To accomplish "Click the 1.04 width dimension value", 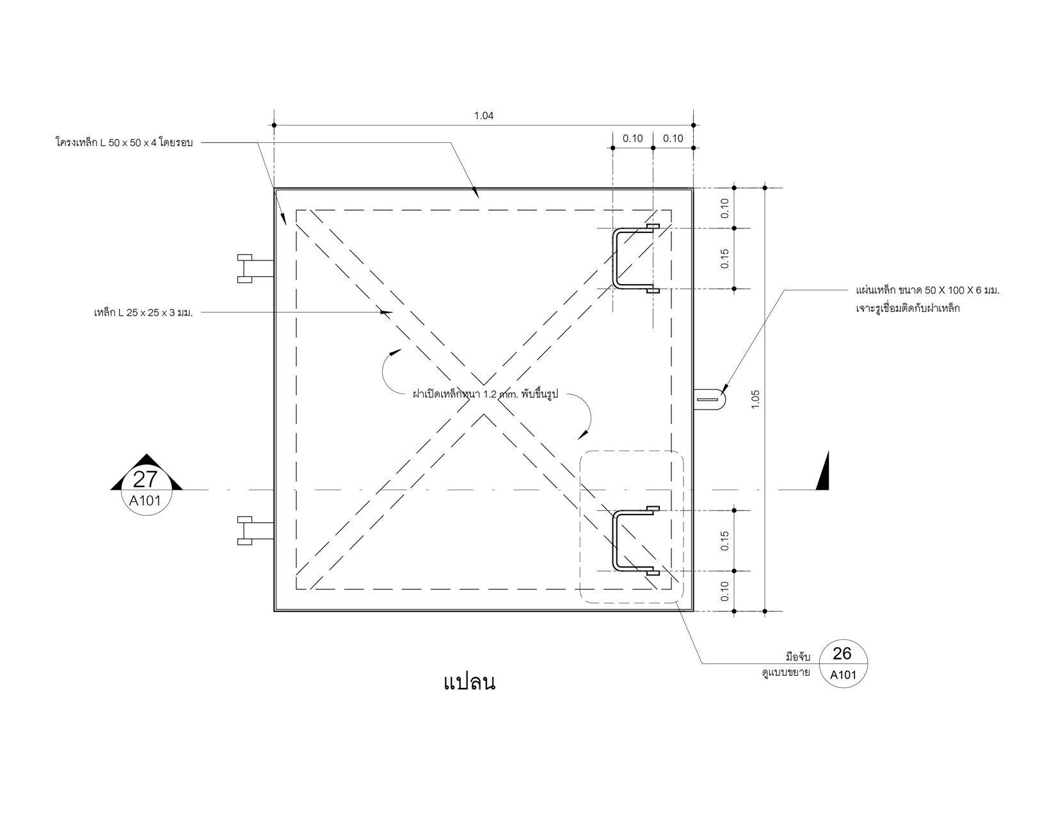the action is pos(484,116).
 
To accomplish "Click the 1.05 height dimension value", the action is pos(755,399).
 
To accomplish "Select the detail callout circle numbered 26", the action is pos(843,664).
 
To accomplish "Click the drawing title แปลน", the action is pos(470,682).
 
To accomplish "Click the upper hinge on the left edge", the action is pos(255,268).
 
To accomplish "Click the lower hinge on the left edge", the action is pos(255,530).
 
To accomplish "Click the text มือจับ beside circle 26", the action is pos(798,657).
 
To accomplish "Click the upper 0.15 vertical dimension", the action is pos(725,258).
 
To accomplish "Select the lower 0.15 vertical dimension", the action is pos(725,540).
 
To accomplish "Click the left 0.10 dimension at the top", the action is pos(633,138).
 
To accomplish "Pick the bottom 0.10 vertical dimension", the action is pos(725,591).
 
